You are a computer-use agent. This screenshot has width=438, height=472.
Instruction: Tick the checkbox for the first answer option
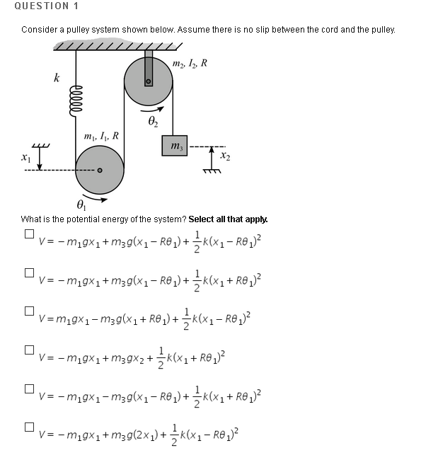coord(29,234)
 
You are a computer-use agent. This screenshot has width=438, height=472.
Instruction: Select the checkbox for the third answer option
coord(29,311)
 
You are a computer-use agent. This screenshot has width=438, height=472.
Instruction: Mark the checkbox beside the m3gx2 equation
coord(29,350)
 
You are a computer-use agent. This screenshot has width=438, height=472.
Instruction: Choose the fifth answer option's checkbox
coord(29,388)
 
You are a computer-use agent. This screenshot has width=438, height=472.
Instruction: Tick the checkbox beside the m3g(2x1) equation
coord(29,427)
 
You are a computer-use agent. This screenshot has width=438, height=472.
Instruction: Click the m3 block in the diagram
coord(174,146)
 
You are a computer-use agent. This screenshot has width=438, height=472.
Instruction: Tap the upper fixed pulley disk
coord(148,82)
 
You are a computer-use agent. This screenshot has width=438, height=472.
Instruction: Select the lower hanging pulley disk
coord(100,170)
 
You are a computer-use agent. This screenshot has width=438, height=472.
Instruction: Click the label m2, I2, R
coord(190,64)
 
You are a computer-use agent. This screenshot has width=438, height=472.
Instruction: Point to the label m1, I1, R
coord(101,135)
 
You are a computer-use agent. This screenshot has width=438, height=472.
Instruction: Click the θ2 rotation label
coord(154,122)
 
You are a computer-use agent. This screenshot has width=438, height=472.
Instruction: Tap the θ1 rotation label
coord(81,205)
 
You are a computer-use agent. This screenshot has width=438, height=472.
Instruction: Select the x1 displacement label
coord(26,159)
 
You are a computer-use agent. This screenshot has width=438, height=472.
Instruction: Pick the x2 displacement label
coord(224,156)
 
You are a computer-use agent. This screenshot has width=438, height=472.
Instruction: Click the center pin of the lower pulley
coord(100,170)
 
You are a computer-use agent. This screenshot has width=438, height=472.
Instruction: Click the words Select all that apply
coord(228,219)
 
